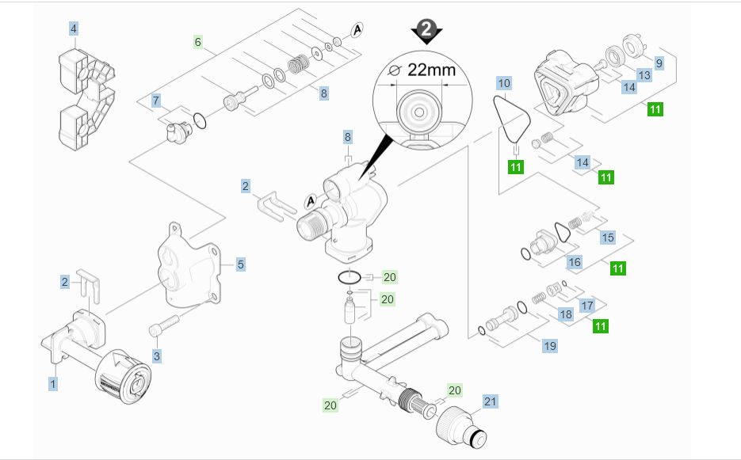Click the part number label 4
pos(74,29)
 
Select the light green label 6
pos(198,41)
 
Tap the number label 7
pos(156,101)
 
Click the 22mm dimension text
pos(431,69)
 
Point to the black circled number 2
pos(427,29)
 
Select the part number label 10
pos(505,82)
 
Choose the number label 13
pos(644,75)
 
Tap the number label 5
pos(240,264)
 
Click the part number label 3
pos(156,356)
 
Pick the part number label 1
pos(53,383)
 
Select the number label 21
pos(491,401)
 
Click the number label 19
pos(549,345)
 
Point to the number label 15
pos(608,238)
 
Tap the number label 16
pos(575,261)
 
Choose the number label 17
pos(587,305)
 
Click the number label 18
pos(565,314)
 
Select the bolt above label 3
pos(166,325)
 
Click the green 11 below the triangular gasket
pos(516,166)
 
